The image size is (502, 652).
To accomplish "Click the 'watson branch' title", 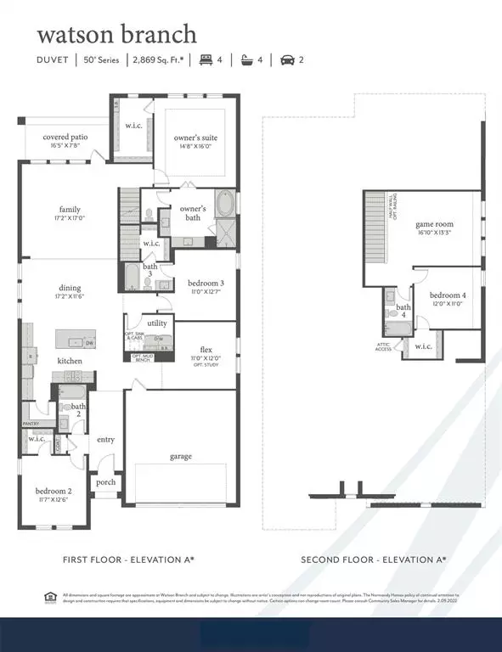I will (116, 34).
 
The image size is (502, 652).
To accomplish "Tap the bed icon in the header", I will (205, 59).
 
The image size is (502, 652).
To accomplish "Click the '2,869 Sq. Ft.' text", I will (161, 59).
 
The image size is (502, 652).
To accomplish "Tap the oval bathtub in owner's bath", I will (226, 205).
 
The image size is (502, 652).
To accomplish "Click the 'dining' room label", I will (70, 288).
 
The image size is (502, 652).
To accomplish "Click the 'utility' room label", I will (157, 323).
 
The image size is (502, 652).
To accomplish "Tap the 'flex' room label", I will (206, 349).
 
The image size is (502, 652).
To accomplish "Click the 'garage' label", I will (180, 456).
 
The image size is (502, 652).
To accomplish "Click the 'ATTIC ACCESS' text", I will (384, 348).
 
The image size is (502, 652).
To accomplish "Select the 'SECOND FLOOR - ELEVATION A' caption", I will (374, 559).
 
